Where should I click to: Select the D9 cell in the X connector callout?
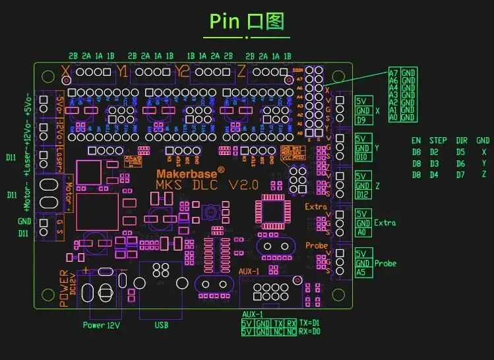tap(361, 121)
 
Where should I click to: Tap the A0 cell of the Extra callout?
tap(362, 232)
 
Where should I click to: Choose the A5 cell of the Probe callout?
tap(361, 272)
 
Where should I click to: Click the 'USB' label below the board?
tap(161, 325)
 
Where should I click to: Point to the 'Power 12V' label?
tap(103, 325)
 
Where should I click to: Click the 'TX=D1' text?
tap(310, 322)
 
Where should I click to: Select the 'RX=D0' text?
tap(310, 331)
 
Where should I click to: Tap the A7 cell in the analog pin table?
tap(393, 73)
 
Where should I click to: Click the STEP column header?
tap(438, 140)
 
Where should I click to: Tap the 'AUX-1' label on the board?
tap(249, 271)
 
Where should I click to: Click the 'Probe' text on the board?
tap(316, 245)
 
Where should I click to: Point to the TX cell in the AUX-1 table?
tap(278, 323)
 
